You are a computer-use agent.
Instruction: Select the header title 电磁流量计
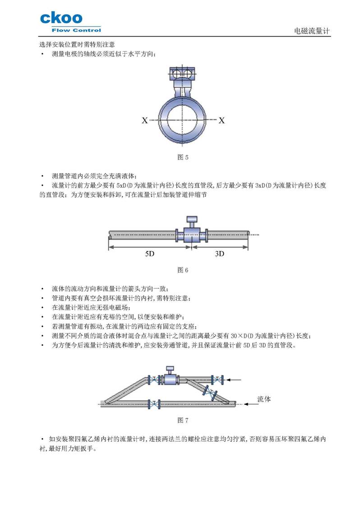[312, 31]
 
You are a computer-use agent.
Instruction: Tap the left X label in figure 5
[144, 120]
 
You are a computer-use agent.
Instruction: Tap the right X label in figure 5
[222, 120]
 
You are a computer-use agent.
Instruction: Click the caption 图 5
[183, 158]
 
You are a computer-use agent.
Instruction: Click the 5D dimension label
[150, 254]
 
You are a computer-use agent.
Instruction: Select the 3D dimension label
[220, 254]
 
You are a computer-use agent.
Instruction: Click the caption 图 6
[183, 270]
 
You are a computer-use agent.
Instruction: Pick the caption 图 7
[183, 420]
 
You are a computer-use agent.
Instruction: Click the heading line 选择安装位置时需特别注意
[77, 45]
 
